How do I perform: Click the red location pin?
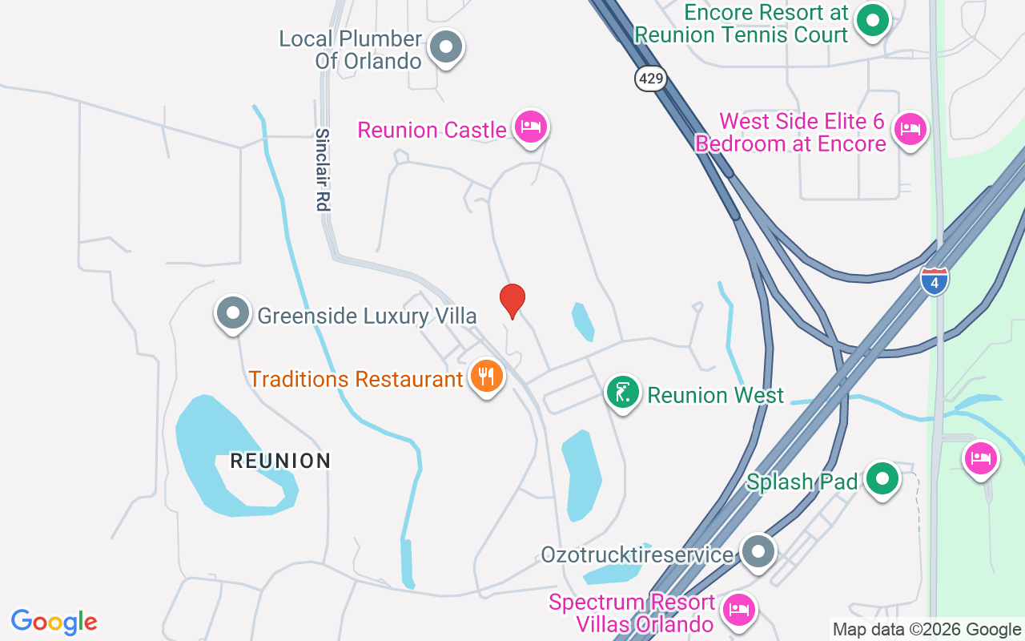click(x=512, y=300)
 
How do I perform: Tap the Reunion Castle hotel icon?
click(x=530, y=126)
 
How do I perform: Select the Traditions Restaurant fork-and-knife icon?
click(x=486, y=376)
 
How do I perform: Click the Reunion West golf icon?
click(x=622, y=392)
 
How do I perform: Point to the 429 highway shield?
click(x=652, y=79)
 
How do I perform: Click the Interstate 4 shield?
click(x=934, y=281)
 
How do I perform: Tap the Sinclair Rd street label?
click(x=322, y=170)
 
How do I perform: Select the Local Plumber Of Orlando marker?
click(x=445, y=47)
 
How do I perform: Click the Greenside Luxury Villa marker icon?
click(x=233, y=313)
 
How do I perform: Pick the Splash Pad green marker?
click(x=882, y=478)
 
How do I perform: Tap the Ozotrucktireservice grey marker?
click(x=758, y=551)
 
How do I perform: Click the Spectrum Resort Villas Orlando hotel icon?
click(x=738, y=610)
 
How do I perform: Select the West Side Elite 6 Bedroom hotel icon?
click(x=910, y=127)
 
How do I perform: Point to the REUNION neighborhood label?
click(x=280, y=461)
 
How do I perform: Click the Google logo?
click(x=54, y=622)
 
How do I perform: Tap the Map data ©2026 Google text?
click(x=927, y=630)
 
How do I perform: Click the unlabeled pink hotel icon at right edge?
click(x=981, y=458)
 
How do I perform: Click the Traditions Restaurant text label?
click(x=356, y=378)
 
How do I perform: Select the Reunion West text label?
click(x=716, y=395)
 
